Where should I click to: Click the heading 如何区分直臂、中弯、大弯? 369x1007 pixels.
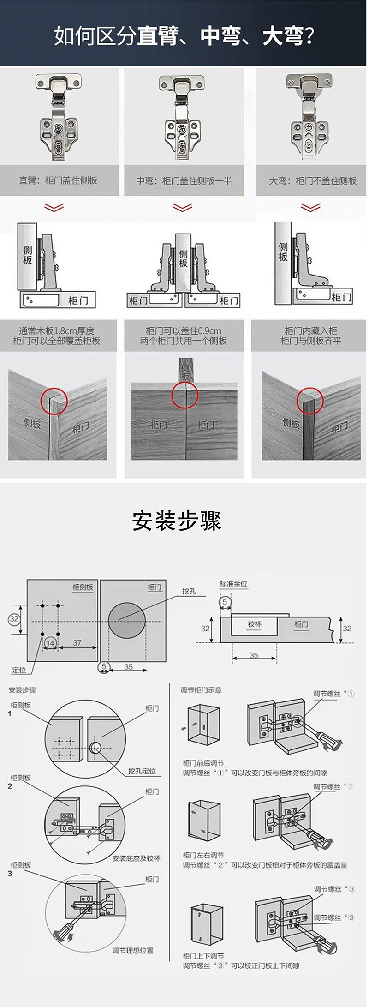coord(184,36)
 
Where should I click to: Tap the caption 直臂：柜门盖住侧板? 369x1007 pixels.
coord(58,180)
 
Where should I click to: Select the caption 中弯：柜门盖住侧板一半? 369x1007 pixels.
coord(184,180)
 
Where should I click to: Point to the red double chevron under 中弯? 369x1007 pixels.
coord(183,207)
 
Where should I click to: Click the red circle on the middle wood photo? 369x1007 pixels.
coord(185,395)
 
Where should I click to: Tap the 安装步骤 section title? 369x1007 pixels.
coord(177,521)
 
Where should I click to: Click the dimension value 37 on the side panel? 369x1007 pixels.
coord(77,642)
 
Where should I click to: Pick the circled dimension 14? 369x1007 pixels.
coord(50,643)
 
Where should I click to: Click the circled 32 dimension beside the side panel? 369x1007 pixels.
coord(14,619)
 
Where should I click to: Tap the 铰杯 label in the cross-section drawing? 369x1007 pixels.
coord(255,624)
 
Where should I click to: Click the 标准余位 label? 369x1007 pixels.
coord(233,584)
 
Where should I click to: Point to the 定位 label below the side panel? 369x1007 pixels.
coord(19,670)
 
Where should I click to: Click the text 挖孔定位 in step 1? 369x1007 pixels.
coord(142,771)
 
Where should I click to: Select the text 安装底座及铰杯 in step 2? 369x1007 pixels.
coord(137,858)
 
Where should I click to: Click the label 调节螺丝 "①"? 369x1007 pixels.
coord(334,694)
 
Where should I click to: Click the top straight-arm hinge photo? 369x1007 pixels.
coord(58,118)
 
